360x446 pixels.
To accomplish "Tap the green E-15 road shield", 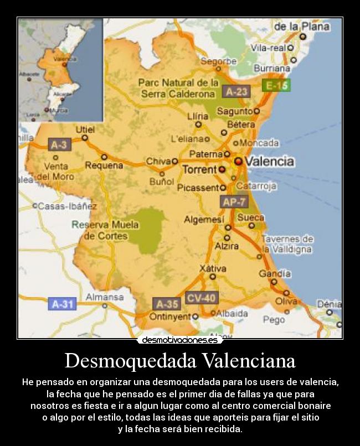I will coord(275,86).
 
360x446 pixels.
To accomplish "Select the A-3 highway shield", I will coord(59,145).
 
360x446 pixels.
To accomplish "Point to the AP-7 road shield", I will coord(234,202).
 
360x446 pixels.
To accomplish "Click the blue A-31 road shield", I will coord(62,304).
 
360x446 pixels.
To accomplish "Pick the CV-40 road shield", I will coord(201,298).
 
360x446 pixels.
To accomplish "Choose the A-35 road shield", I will coord(167,304).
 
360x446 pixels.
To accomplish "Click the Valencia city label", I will coord(269,162).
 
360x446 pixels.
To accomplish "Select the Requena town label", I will coord(104,165).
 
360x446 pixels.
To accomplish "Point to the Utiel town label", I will coord(85,129).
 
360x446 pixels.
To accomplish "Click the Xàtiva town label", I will coord(213,268).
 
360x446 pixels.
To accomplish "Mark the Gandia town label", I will coord(275,273).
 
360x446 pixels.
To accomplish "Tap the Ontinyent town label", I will coord(171,317).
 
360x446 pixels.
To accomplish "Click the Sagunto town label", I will coord(234,111).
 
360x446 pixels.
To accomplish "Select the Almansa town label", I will coord(105,297).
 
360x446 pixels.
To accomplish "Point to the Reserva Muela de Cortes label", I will coord(105,230).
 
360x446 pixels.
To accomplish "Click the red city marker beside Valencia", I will coord(238,161).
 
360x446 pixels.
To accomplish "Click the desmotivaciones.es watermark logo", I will coord(180,340).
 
